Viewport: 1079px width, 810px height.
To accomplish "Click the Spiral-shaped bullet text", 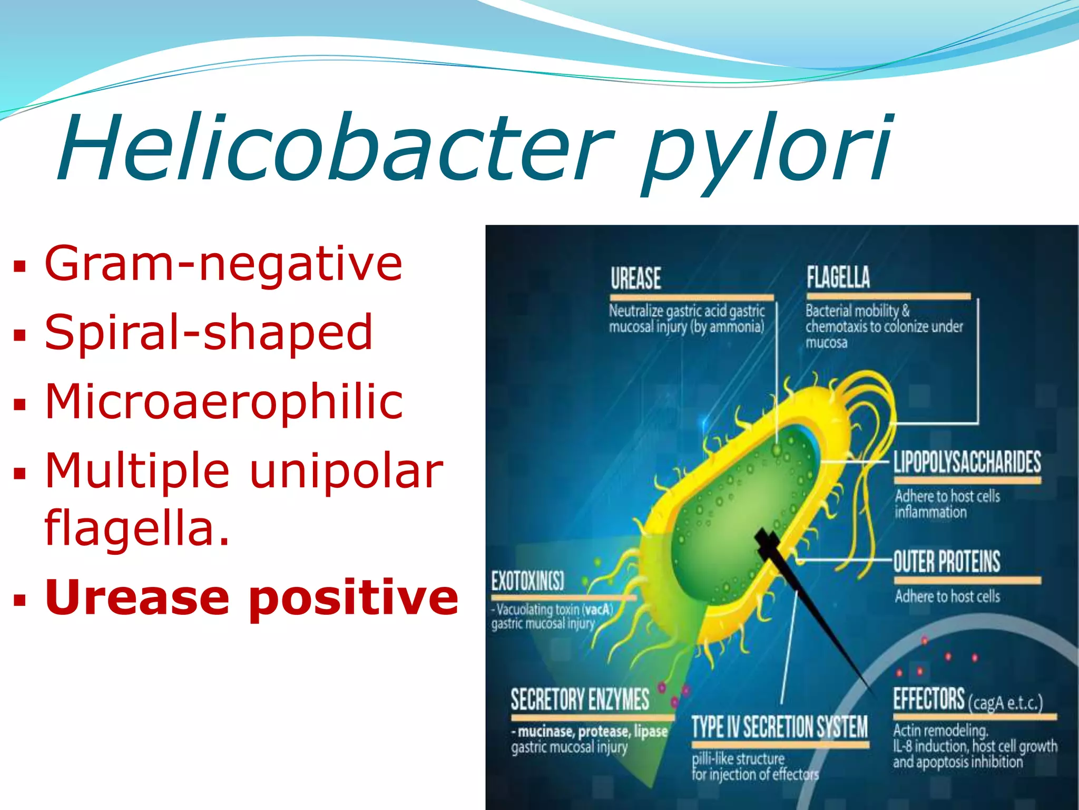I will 209,332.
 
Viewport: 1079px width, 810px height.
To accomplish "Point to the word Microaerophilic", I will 224,401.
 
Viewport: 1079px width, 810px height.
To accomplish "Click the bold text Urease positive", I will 252,597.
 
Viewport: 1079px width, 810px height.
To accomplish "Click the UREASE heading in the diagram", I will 635,278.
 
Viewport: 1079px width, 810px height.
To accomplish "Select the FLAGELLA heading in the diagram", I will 838,277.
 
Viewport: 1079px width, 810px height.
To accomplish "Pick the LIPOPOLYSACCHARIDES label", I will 967,462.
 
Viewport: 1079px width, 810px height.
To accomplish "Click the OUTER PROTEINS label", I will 947,561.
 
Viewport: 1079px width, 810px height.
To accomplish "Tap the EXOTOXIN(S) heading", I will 527,581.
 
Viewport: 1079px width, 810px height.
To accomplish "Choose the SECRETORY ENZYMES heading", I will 580,700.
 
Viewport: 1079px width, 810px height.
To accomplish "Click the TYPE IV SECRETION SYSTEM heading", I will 779,727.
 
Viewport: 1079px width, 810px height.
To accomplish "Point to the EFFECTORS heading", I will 928,699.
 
